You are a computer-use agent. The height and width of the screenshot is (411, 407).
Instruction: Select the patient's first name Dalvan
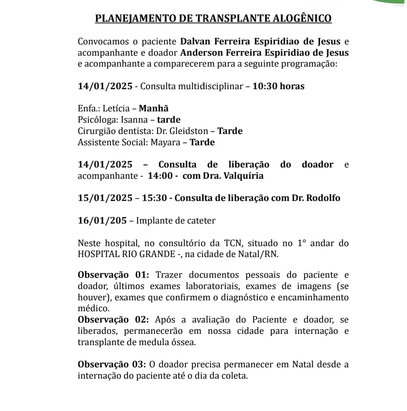pyautogui.click(x=194, y=41)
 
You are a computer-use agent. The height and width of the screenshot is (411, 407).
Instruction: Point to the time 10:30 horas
pyautogui.click(x=278, y=86)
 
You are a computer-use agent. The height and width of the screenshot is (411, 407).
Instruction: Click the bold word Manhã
pyautogui.click(x=154, y=108)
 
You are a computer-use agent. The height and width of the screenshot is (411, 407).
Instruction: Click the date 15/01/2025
pyautogui.click(x=105, y=198)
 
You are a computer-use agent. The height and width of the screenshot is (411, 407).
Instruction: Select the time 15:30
pyautogui.click(x=154, y=198)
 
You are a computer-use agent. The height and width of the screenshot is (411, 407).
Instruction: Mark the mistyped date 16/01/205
pyautogui.click(x=103, y=221)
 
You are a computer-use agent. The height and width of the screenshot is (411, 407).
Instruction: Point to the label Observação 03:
pyautogui.click(x=112, y=364)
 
